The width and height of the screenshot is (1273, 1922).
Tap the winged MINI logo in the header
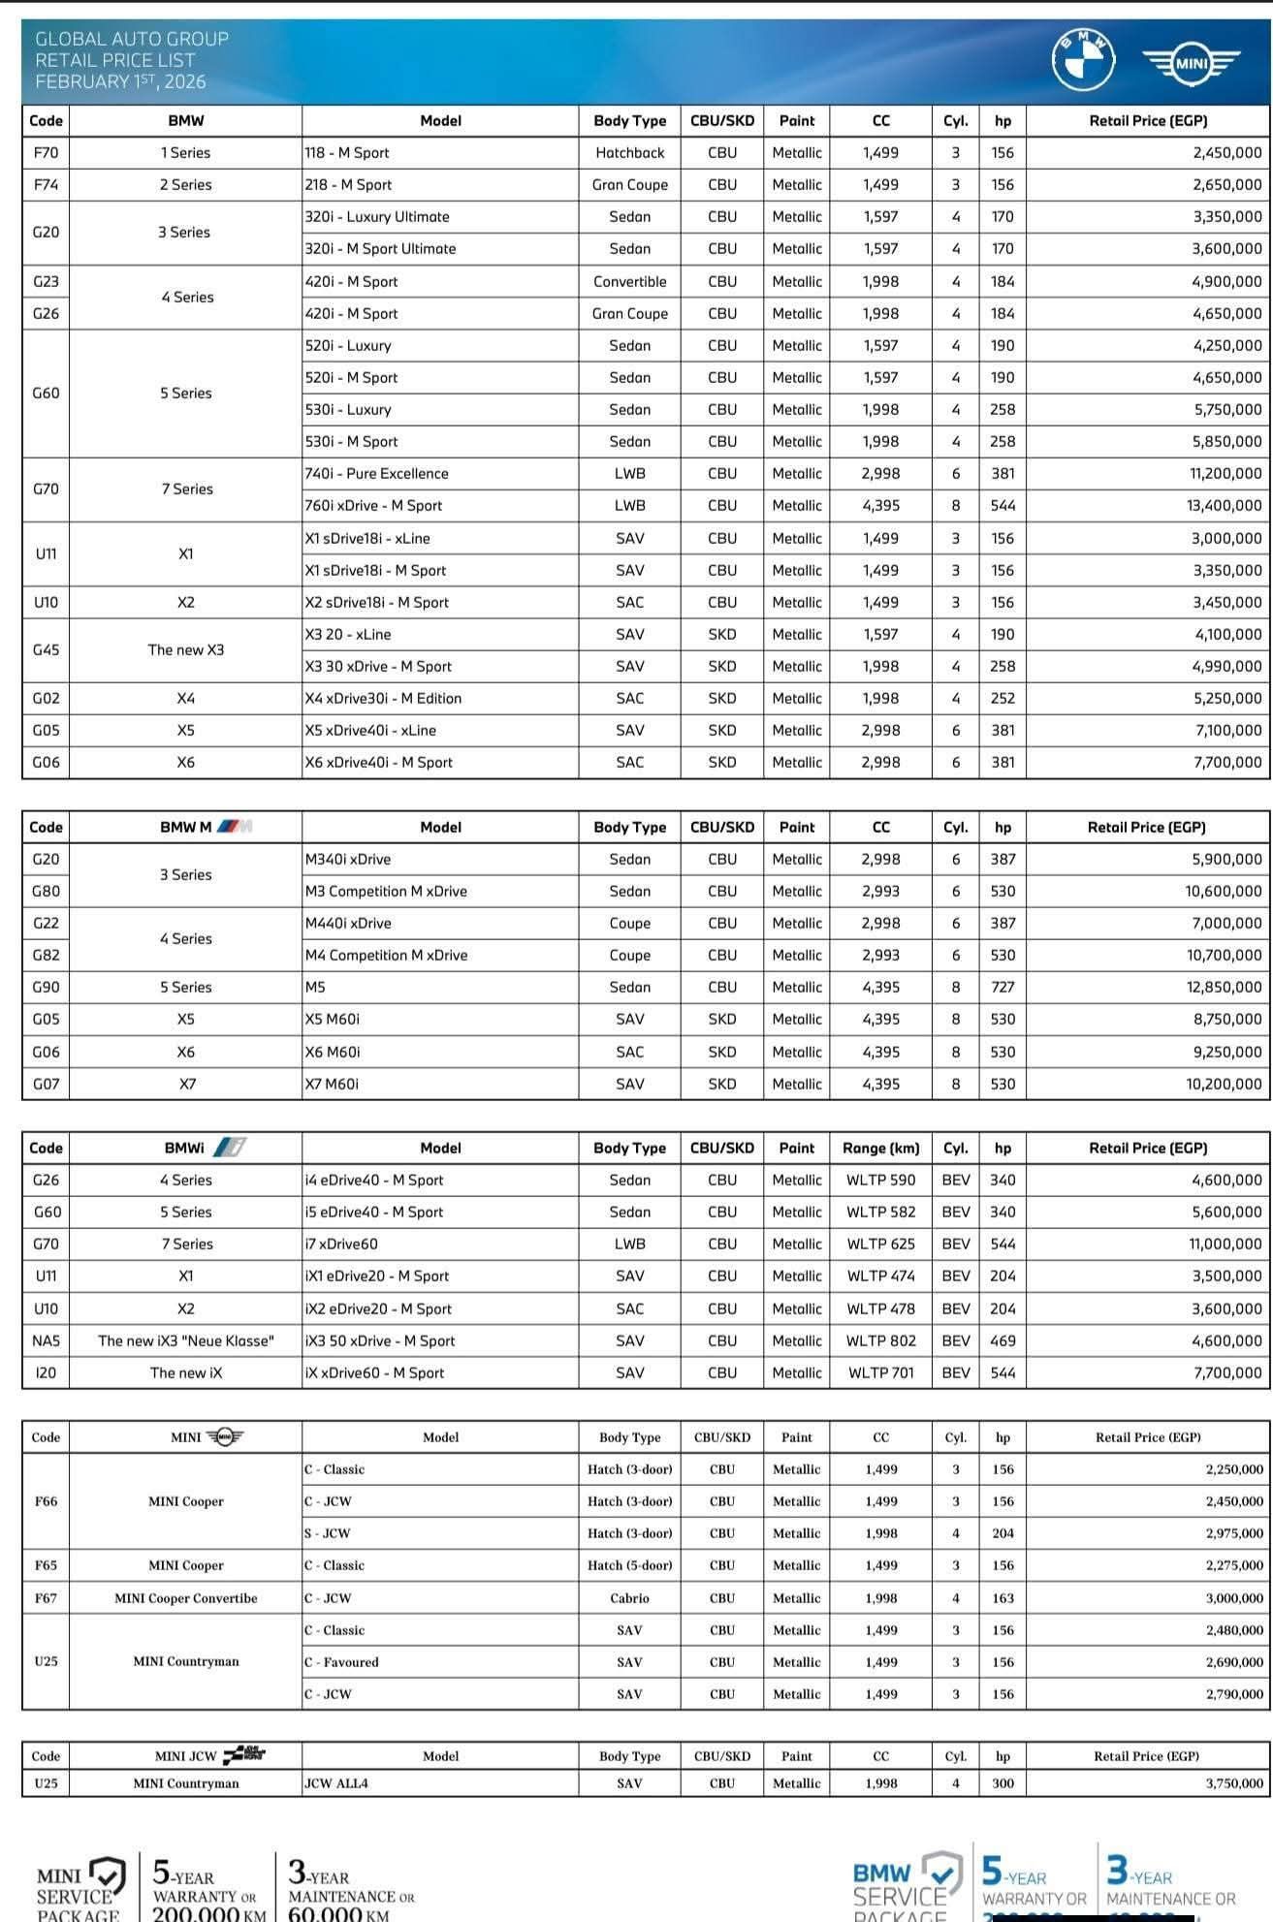(1191, 63)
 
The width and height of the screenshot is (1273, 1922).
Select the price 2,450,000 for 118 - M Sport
(1227, 152)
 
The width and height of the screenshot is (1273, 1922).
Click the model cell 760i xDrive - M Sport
(373, 505)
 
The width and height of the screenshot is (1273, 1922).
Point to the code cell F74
(46, 184)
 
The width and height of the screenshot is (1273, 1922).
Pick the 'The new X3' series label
(185, 649)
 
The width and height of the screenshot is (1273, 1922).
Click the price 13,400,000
(1225, 505)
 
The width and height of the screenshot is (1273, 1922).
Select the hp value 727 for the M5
(1002, 987)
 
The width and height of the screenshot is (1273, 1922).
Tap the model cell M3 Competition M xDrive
(386, 891)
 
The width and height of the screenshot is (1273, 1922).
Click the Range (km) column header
(880, 1148)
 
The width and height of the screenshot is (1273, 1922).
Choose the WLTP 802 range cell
(880, 1340)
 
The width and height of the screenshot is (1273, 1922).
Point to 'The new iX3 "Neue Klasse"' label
(185, 1340)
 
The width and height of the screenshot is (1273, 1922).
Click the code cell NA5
(46, 1340)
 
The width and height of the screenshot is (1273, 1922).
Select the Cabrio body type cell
(629, 1597)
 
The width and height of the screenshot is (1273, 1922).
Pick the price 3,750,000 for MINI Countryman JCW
(1234, 1782)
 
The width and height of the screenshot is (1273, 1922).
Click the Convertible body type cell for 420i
(629, 281)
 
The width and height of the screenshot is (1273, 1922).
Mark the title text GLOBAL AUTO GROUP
(132, 39)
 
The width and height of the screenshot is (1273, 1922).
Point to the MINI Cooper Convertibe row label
(185, 1597)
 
